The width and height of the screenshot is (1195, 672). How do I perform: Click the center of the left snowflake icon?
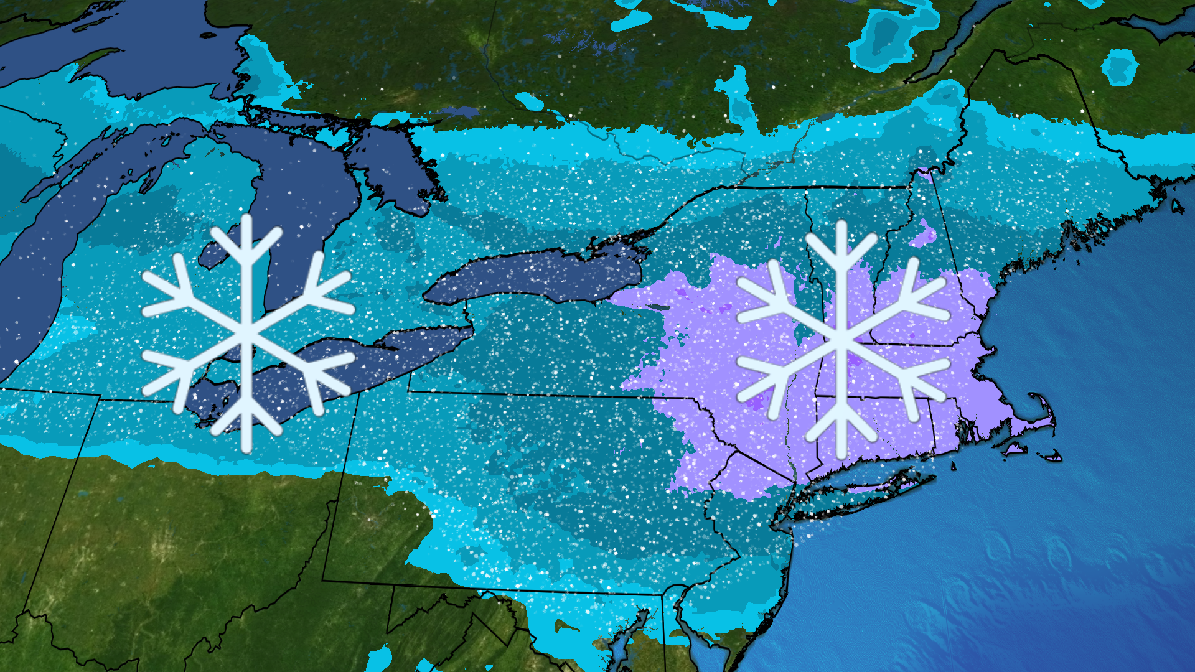point(248,334)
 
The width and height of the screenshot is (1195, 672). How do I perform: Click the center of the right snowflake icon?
point(841,340)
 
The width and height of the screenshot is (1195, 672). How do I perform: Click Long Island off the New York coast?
point(871,485)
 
